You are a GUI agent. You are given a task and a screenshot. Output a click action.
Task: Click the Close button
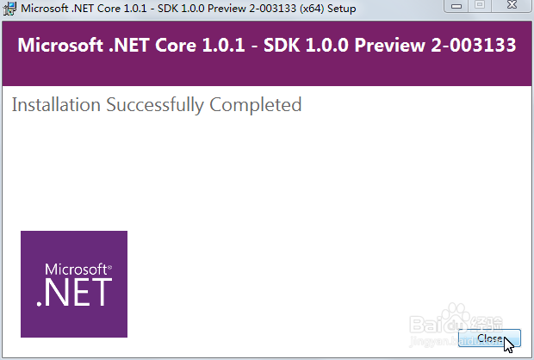pyautogui.click(x=489, y=338)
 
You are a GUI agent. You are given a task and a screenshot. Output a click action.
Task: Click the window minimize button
pyautogui.click(x=456, y=6)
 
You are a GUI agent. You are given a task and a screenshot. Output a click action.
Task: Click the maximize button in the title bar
pyautogui.click(x=480, y=5)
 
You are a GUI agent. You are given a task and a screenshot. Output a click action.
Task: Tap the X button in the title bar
pyautogui.click(x=512, y=5)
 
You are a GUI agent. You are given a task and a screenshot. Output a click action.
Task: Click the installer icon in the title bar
pyautogui.click(x=9, y=8)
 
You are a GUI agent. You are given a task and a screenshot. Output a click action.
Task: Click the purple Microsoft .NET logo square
pyautogui.click(x=74, y=284)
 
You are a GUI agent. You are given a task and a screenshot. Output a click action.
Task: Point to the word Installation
pyautogui.click(x=56, y=104)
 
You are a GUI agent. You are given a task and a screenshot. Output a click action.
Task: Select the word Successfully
pyautogui.click(x=155, y=105)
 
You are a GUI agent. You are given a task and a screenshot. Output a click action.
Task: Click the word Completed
pyautogui.click(x=256, y=105)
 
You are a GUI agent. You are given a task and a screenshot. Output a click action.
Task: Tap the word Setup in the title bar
pyautogui.click(x=342, y=9)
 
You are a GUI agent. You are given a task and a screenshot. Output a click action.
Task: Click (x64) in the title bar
pyautogui.click(x=311, y=8)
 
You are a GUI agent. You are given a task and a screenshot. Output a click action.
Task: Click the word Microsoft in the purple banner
pyautogui.click(x=60, y=46)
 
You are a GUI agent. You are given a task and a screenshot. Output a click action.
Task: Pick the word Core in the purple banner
pyautogui.click(x=176, y=46)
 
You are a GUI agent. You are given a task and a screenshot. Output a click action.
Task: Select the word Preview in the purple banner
pyautogui.click(x=389, y=46)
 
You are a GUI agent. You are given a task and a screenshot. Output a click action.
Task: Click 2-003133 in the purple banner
pyautogui.click(x=474, y=46)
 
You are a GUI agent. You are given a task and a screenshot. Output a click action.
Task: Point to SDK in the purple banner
pyautogui.click(x=282, y=46)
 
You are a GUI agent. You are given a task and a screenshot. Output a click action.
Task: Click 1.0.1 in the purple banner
pyautogui.click(x=223, y=46)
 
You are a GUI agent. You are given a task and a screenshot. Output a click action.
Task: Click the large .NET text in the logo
pyautogui.click(x=74, y=292)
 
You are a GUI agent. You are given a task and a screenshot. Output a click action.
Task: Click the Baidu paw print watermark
pyautogui.click(x=456, y=317)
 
